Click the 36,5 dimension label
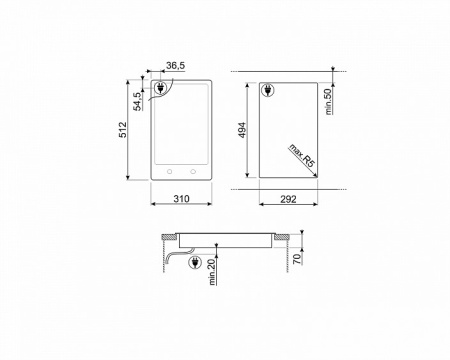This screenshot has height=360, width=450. (175, 66)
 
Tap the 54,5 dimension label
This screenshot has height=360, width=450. (137, 101)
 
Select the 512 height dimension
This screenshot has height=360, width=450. (123, 130)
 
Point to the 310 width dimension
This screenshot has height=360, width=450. (181, 199)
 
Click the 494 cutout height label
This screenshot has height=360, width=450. (242, 130)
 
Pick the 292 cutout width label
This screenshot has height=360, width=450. (288, 199)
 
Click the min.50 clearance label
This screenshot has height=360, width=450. (328, 102)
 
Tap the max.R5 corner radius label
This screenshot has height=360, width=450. (302, 155)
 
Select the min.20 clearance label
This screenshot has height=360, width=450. (212, 272)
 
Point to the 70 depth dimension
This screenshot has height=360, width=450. (297, 259)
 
